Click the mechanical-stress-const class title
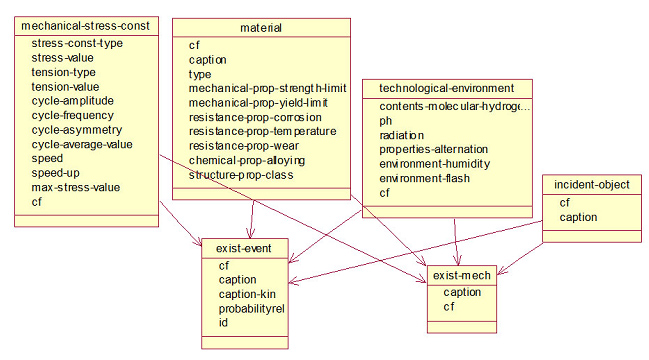[x=85, y=26]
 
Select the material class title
[x=261, y=28]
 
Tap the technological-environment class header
[x=447, y=88]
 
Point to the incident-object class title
[x=591, y=185]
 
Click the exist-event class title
[x=243, y=248]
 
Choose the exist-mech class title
[x=462, y=275]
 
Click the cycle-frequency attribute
[x=72, y=115]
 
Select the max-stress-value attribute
[x=76, y=187]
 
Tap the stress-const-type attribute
[x=77, y=43]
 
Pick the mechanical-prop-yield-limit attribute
[x=258, y=103]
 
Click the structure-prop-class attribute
[x=241, y=175]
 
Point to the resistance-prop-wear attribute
[x=244, y=146]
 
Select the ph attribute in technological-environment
[x=385, y=121]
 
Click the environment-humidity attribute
[x=435, y=164]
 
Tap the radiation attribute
[x=401, y=135]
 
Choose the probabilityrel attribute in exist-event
[x=252, y=309]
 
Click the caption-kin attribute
[x=247, y=294]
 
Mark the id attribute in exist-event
[x=223, y=323]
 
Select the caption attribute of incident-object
[x=578, y=217]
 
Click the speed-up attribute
[x=55, y=173]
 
